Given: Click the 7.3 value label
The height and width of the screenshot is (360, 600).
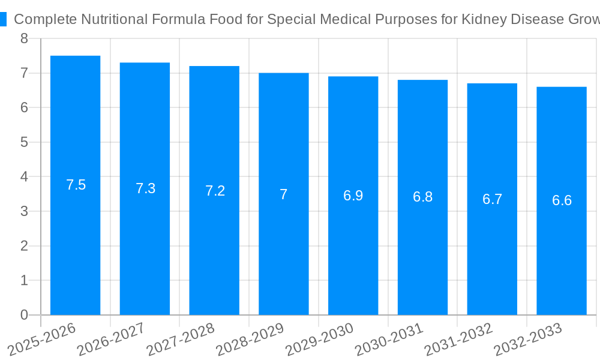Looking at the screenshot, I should pyautogui.click(x=145, y=188).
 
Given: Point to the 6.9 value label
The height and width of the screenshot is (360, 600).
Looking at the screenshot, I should pyautogui.click(x=353, y=196).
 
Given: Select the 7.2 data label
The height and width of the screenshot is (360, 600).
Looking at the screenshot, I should pyautogui.click(x=215, y=191).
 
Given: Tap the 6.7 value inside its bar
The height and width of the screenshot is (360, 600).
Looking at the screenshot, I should pyautogui.click(x=492, y=199).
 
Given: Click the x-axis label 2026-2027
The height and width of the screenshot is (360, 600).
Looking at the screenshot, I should pyautogui.click(x=111, y=340).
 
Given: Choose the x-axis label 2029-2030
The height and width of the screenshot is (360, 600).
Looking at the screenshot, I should pyautogui.click(x=319, y=340).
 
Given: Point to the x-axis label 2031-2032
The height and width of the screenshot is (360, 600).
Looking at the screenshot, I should pyautogui.click(x=458, y=340).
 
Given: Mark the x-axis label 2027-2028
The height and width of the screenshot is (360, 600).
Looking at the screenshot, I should pyautogui.click(x=181, y=340).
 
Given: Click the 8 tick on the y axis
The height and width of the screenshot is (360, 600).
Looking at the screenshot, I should pyautogui.click(x=24, y=39).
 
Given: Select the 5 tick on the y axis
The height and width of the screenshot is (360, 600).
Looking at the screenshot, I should pyautogui.click(x=24, y=142).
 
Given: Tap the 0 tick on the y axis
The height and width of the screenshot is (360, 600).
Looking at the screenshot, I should pyautogui.click(x=24, y=315).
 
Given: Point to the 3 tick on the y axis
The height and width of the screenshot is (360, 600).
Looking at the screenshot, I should pyautogui.click(x=24, y=211).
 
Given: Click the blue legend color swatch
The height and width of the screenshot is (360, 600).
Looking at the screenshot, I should pyautogui.click(x=3, y=19).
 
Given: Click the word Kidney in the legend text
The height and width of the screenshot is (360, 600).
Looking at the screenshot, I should pyautogui.click(x=481, y=19).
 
